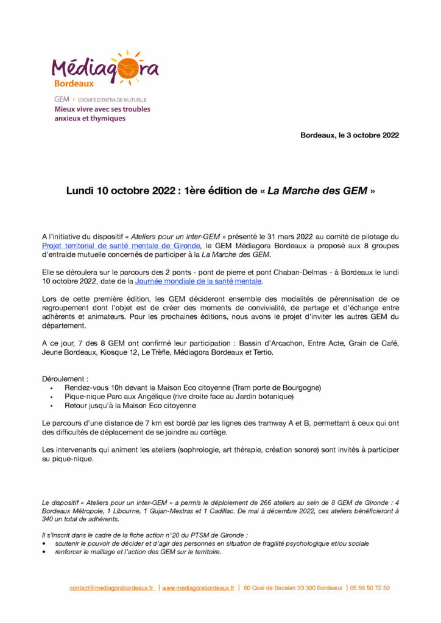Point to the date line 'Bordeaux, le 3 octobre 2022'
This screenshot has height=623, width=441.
pos(350,135)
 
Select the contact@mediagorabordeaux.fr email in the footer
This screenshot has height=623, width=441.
pos(111,588)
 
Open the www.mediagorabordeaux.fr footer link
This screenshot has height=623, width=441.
pos(198,588)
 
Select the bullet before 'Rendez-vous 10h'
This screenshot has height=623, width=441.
pos(52,388)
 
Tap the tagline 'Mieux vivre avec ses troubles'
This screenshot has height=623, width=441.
pos(102,110)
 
